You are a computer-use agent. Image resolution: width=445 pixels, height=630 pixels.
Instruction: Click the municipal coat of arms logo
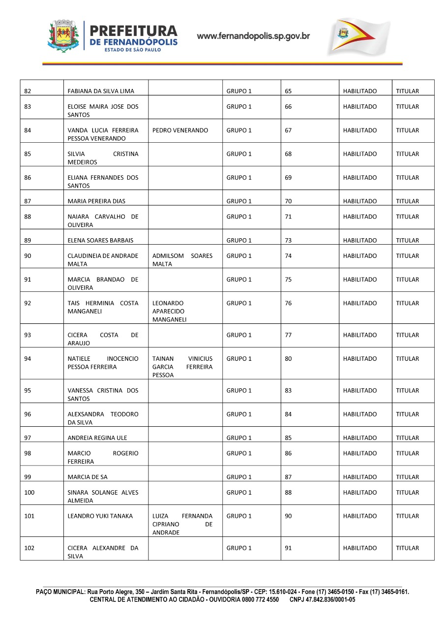[x=63, y=36]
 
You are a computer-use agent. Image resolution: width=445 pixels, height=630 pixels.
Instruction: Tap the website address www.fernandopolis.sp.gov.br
[x=253, y=36]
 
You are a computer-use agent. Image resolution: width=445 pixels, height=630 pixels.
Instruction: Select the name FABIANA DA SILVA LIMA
[x=100, y=91]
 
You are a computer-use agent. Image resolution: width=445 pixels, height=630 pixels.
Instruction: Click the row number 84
[x=28, y=130]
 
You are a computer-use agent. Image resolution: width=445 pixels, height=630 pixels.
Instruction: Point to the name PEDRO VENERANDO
[x=180, y=130]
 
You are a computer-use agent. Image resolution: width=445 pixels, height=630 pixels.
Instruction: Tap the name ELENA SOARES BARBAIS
[x=100, y=241]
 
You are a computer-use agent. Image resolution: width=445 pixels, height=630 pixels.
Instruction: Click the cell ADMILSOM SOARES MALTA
[x=182, y=260]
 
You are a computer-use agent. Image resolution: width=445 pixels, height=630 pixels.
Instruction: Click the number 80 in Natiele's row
[x=288, y=359]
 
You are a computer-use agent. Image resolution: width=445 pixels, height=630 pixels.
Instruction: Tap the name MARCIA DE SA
[x=87, y=477]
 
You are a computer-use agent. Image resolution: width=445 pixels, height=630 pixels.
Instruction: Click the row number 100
[x=30, y=493]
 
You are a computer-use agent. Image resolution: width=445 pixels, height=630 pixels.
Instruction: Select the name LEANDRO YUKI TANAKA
[x=100, y=516]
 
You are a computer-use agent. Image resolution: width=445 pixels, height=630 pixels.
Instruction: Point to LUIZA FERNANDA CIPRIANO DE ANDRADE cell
[x=182, y=524]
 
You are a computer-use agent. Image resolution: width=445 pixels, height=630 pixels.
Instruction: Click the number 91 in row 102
[x=288, y=548]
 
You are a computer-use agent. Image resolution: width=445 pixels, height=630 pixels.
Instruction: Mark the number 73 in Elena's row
[x=288, y=241]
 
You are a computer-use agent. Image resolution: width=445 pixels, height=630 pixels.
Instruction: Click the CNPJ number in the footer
[x=322, y=600]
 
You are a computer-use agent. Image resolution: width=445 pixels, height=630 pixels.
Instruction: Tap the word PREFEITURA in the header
[x=134, y=31]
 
